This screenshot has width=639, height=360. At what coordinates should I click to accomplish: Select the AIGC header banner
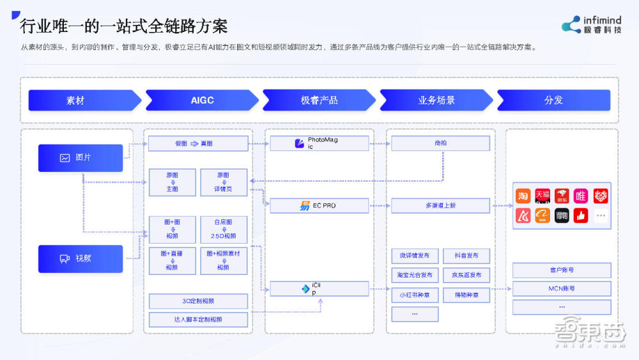pyautogui.click(x=201, y=100)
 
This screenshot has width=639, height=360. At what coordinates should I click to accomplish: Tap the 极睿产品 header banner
pyautogui.click(x=319, y=100)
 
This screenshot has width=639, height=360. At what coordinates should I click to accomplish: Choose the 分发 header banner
pyautogui.click(x=553, y=100)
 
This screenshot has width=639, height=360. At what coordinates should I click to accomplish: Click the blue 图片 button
pyautogui.click(x=80, y=158)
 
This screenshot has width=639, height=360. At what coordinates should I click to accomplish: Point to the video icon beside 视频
pyautogui.click(x=65, y=259)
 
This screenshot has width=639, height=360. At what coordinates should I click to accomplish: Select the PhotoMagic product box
pyautogui.click(x=319, y=143)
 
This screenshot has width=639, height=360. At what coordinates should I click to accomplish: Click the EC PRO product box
pyautogui.click(x=319, y=205)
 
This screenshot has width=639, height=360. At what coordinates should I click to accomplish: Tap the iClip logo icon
pyautogui.click(x=305, y=289)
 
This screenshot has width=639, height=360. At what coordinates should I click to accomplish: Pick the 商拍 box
pyautogui.click(x=440, y=143)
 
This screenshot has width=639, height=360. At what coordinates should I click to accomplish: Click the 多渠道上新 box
pyautogui.click(x=440, y=205)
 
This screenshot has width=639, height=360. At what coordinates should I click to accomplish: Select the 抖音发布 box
pyautogui.click(x=466, y=256)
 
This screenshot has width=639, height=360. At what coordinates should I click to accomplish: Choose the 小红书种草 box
pyautogui.click(x=414, y=295)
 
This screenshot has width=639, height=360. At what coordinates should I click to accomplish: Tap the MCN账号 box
pyautogui.click(x=561, y=288)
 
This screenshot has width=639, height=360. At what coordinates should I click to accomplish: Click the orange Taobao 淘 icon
pyautogui.click(x=523, y=196)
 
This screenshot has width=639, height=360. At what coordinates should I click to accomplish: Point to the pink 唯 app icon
pyautogui.click(x=580, y=196)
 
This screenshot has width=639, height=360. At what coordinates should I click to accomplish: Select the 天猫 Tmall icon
pyautogui.click(x=543, y=196)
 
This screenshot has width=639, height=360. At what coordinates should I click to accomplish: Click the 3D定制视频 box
pyautogui.click(x=198, y=301)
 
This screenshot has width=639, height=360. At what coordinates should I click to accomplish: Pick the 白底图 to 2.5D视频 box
pyautogui.click(x=224, y=229)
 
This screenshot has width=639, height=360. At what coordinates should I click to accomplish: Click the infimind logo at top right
pyautogui.click(x=591, y=24)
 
